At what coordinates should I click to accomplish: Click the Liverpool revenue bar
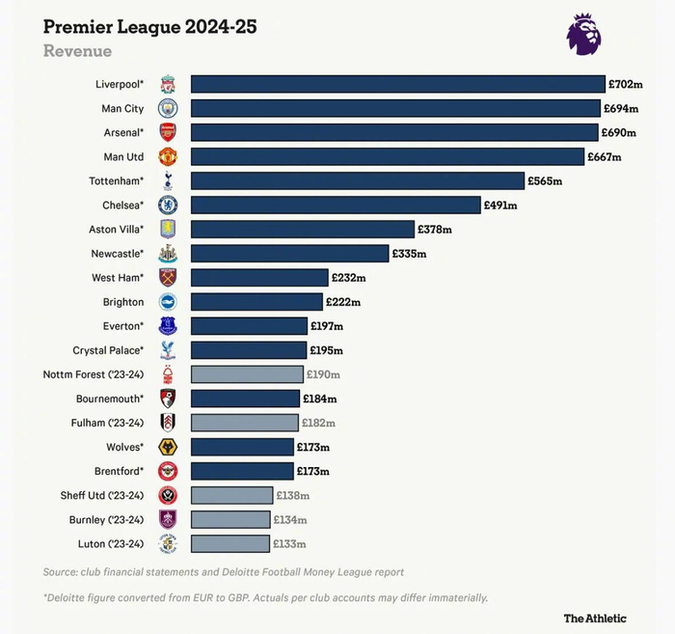pyautogui.click(x=397, y=85)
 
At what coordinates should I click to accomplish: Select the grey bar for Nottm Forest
pyautogui.click(x=247, y=374)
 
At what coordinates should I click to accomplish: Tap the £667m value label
pyautogui.click(x=605, y=157)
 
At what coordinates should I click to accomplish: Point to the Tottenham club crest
pyautogui.click(x=168, y=180)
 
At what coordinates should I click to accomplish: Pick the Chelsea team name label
pyautogui.click(x=122, y=206)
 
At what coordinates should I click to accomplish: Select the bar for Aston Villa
pyautogui.click(x=303, y=230)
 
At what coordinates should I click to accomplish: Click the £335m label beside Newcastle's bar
pyautogui.click(x=409, y=254)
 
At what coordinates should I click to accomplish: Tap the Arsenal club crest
pyautogui.click(x=168, y=132)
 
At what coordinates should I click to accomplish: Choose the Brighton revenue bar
pyautogui.click(x=258, y=302)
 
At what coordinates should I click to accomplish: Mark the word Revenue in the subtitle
pyautogui.click(x=77, y=51)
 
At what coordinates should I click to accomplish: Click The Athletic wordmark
pyautogui.click(x=595, y=618)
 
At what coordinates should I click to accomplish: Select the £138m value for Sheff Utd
pyautogui.click(x=292, y=495)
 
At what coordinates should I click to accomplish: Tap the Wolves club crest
pyautogui.click(x=168, y=447)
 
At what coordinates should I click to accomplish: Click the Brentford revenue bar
pyautogui.click(x=242, y=471)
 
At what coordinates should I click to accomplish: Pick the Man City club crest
pyautogui.click(x=168, y=108)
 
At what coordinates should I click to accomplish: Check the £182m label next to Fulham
pyautogui.click(x=318, y=423)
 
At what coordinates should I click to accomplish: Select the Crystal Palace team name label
pyautogui.click(x=108, y=350)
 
